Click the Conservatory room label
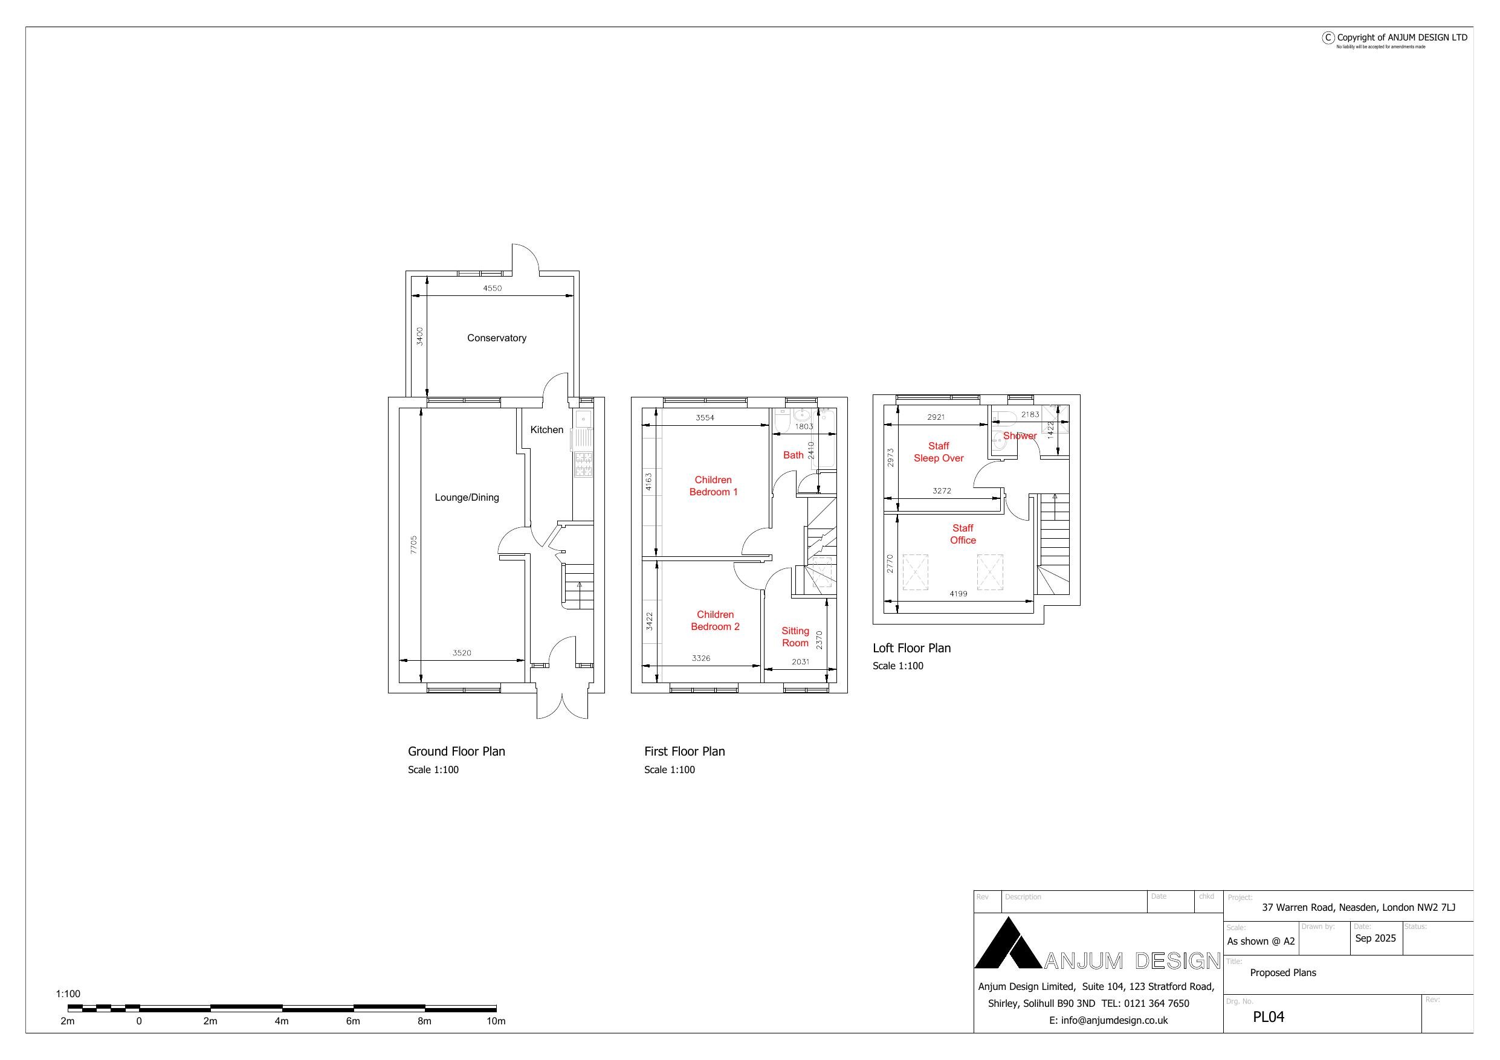497,338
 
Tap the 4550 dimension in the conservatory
492,288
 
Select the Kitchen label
546,430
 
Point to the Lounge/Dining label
467,498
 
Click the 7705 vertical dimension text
413,545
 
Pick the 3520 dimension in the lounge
461,652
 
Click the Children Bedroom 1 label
713,486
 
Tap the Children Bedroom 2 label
715,620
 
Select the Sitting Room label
795,637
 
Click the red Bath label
793,455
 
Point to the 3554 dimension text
704,417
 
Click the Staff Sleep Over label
938,452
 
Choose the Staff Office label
962,535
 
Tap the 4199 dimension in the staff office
958,594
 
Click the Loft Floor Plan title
911,648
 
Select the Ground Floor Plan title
456,751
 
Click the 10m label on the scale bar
495,1021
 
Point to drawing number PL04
1268,1017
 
